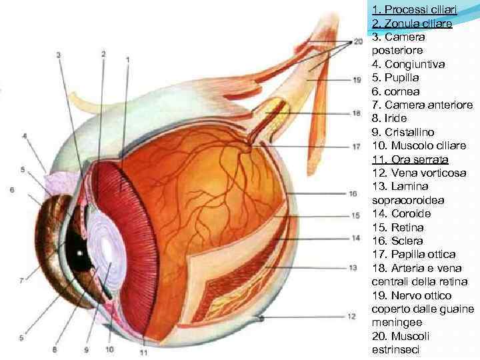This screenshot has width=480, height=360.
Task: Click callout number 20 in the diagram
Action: [358, 41]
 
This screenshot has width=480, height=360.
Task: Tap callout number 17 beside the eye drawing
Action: [357, 146]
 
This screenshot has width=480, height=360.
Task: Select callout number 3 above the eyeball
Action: [59, 55]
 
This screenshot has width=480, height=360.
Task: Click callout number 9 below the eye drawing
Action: [86, 349]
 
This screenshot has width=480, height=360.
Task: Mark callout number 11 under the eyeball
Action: [144, 351]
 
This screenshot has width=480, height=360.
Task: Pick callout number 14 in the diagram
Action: [356, 238]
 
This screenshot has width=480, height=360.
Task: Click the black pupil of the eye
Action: [79, 255]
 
